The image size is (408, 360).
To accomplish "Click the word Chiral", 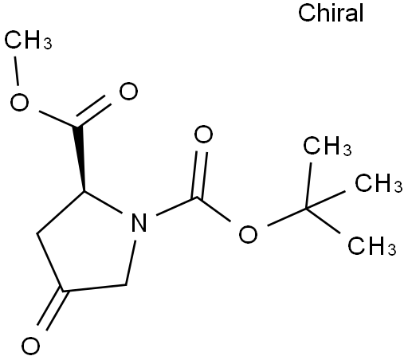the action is (x=331, y=13).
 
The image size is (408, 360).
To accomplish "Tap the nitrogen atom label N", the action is (x=139, y=223).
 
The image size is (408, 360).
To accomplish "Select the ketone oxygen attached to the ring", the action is (x=30, y=346).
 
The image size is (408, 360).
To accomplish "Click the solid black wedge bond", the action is (x=80, y=158).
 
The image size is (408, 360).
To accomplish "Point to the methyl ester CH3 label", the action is (x=29, y=39).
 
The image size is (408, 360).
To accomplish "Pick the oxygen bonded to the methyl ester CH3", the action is (x=19, y=102).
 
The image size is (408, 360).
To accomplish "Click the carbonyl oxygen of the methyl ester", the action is (x=128, y=91).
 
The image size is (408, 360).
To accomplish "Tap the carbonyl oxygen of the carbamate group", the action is (x=203, y=135).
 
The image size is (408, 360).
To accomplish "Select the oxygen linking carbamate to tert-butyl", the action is (x=248, y=234).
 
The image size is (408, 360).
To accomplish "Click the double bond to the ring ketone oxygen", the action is (x=51, y=310).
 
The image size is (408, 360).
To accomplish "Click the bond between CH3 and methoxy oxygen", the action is (x=17, y=71).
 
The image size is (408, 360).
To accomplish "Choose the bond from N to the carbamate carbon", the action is (x=177, y=206).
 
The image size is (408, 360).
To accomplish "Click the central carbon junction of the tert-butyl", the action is (x=306, y=209).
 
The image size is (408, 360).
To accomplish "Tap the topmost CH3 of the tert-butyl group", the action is (x=328, y=146).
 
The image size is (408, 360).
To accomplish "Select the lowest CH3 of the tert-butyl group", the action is (x=372, y=246).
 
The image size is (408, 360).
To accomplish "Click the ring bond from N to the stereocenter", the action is (x=103, y=202).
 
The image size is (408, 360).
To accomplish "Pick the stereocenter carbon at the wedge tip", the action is (x=84, y=191).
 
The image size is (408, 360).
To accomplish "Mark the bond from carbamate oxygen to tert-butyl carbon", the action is (x=287, y=217).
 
